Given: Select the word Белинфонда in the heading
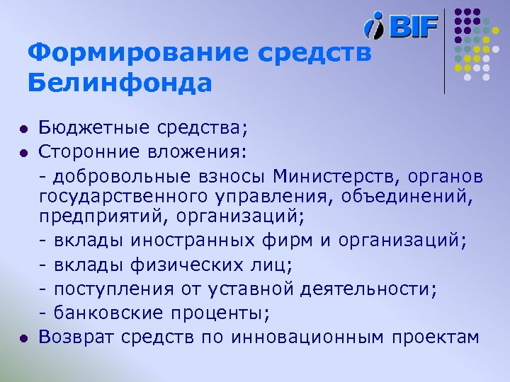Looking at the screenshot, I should click(x=120, y=83).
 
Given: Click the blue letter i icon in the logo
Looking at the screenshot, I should click(x=373, y=26).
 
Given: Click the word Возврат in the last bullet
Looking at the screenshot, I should click(x=74, y=338).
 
